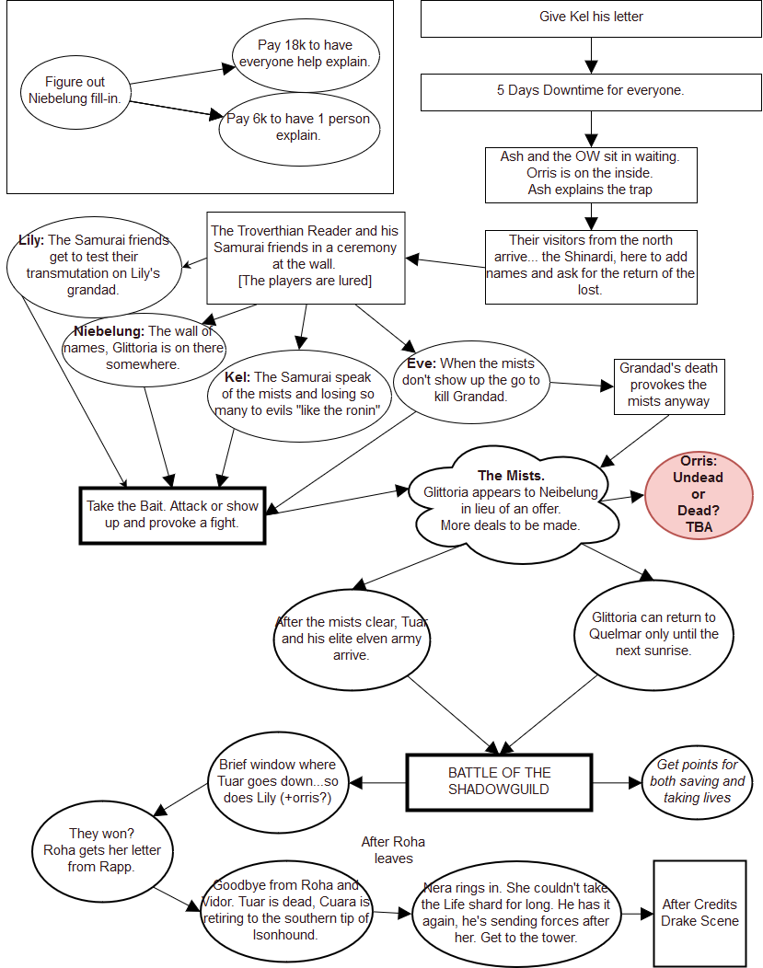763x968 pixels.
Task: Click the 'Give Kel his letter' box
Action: (x=591, y=18)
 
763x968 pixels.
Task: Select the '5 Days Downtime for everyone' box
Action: (x=591, y=92)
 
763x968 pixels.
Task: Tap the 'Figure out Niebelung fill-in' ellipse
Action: (x=75, y=90)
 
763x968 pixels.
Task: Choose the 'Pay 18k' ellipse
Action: (x=305, y=53)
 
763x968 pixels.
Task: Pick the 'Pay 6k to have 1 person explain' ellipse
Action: (x=298, y=127)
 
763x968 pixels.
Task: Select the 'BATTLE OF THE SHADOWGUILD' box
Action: (x=499, y=781)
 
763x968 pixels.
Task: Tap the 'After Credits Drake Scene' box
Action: (x=699, y=913)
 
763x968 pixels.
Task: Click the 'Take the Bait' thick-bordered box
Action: (x=172, y=514)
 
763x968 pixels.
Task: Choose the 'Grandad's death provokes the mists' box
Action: (x=667, y=385)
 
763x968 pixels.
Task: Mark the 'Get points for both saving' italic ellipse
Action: (x=697, y=781)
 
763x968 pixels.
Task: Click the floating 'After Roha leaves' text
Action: (x=393, y=849)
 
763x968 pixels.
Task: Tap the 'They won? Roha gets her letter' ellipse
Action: (x=101, y=842)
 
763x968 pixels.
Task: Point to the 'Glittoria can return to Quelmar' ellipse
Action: (x=653, y=634)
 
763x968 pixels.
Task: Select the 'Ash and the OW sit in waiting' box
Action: (x=590, y=174)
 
